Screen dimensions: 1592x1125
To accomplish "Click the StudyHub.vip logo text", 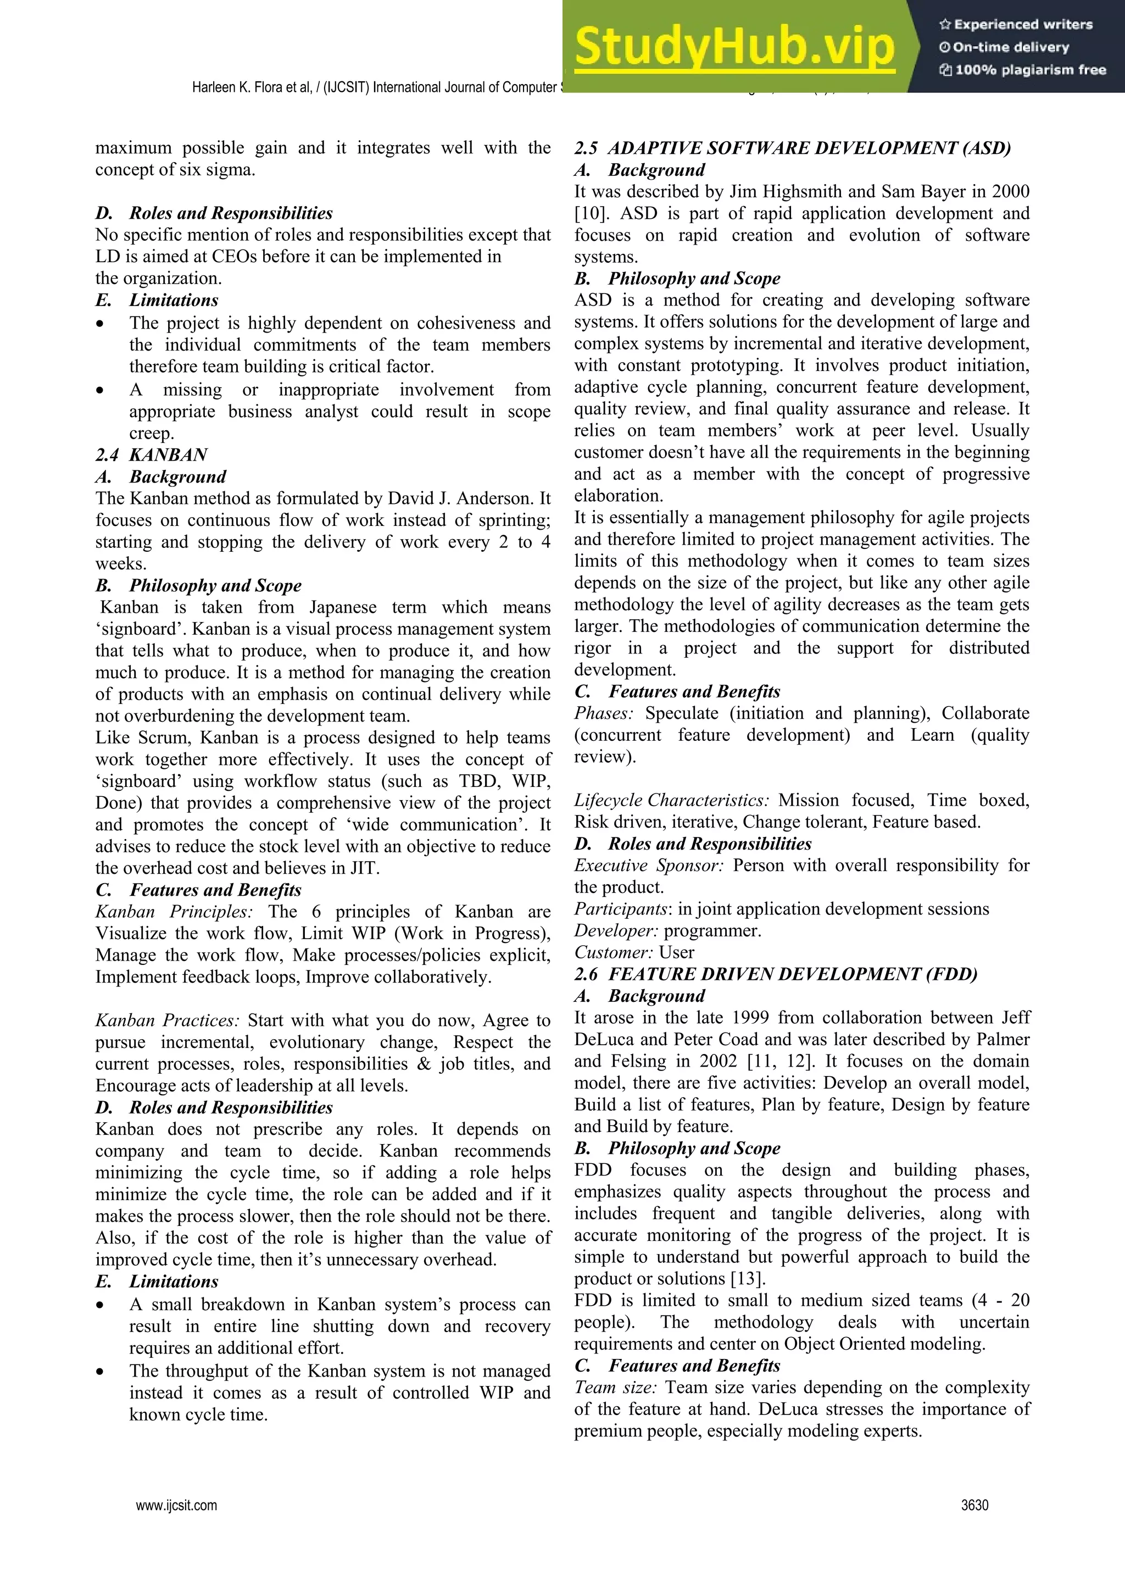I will coord(734,47).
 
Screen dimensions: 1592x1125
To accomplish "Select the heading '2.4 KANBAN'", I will coord(151,455).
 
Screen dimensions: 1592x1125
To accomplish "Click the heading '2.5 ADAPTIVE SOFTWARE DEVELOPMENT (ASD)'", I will coord(792,148).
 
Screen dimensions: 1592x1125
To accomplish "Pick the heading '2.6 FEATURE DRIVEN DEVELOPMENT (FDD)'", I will coord(776,974).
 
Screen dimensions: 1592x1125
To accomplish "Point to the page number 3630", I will coord(974,1505).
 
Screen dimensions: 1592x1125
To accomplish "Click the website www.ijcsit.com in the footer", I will coord(177,1505).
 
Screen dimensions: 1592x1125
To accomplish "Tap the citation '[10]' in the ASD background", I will coord(588,214).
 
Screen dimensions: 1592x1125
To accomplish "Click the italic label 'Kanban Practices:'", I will coord(167,1020).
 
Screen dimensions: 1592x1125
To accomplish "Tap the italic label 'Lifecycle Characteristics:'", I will coord(671,800).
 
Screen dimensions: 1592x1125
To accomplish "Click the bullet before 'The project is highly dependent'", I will coord(101,324).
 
